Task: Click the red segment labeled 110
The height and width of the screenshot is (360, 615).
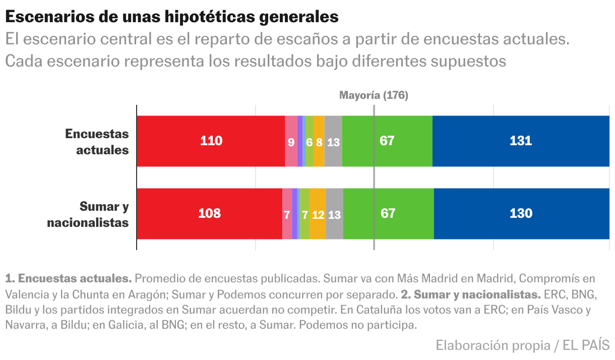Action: click(211, 141)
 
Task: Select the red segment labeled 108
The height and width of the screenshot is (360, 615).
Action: click(209, 214)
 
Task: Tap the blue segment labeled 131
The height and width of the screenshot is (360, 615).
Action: click(521, 141)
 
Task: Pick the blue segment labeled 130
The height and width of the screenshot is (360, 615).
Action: click(521, 214)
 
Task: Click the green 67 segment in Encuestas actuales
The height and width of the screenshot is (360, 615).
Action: click(387, 141)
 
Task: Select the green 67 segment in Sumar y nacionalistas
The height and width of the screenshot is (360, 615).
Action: click(388, 214)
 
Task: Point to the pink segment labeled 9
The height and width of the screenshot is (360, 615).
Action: click(291, 142)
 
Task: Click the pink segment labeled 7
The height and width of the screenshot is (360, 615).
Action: click(287, 214)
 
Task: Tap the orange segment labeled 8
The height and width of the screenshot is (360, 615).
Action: click(319, 142)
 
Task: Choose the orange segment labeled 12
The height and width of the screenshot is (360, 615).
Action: click(318, 214)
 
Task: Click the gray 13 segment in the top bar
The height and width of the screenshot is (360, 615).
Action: click(333, 142)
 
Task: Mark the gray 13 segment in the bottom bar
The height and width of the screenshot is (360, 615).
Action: click(334, 214)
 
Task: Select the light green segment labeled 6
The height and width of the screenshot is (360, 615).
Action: click(309, 142)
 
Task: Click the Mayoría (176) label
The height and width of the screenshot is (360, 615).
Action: click(374, 95)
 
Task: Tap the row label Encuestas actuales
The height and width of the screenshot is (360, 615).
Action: click(97, 142)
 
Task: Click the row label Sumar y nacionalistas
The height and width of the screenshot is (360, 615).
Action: click(88, 214)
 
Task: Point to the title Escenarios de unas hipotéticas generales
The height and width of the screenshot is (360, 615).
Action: click(171, 17)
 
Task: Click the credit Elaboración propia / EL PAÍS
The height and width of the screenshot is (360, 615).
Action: click(522, 345)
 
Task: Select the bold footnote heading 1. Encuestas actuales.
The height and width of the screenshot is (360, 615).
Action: click(69, 278)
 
